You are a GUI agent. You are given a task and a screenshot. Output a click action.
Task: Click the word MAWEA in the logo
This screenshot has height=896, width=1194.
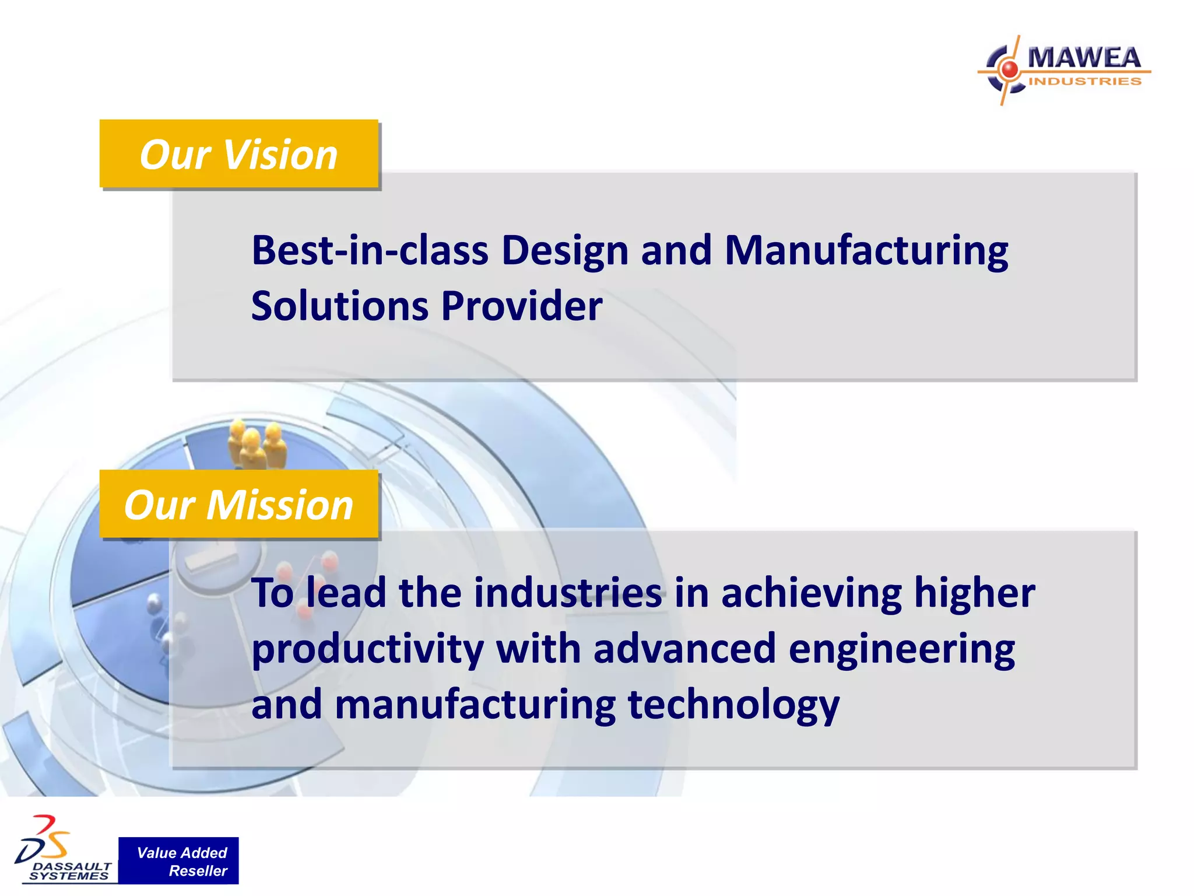click(1084, 58)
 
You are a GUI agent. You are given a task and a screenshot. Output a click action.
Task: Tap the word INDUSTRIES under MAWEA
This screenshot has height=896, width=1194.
click(1085, 81)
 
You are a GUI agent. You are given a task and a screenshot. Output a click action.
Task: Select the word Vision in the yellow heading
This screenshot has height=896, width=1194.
click(280, 155)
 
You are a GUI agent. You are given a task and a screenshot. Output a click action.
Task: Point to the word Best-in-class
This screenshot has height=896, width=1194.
click(370, 250)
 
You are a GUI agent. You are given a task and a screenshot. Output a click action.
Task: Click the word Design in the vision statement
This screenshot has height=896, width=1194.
click(564, 250)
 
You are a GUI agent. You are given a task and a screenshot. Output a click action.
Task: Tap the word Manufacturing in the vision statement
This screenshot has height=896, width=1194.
click(866, 250)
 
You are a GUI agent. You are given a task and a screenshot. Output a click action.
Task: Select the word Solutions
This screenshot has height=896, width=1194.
click(340, 306)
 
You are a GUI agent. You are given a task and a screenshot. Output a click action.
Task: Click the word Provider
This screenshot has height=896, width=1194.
click(522, 306)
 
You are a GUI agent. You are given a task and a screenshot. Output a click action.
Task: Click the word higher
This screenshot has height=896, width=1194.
click(974, 593)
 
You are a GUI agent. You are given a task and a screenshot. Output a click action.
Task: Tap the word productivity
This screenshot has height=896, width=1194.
click(368, 649)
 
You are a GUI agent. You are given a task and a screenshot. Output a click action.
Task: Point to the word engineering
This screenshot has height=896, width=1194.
click(901, 649)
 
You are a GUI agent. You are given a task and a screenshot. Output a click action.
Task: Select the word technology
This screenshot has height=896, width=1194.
click(733, 705)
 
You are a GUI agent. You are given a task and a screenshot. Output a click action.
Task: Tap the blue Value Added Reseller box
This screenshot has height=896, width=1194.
click(179, 861)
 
